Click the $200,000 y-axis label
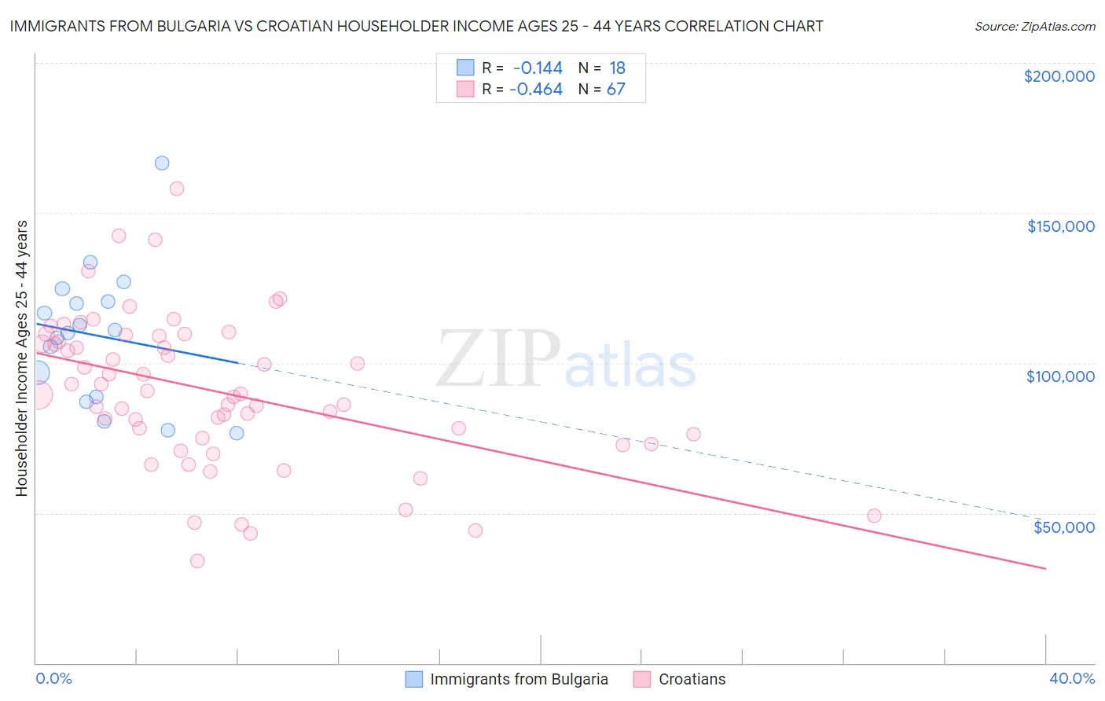point(1059,76)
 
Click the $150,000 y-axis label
point(1060,226)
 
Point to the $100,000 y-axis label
point(1060,376)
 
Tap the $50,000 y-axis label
point(1063,527)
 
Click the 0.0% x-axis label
point(53,678)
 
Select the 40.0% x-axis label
point(1071,678)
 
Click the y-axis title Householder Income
point(21,358)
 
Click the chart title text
point(417,26)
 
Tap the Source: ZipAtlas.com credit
point(1034,27)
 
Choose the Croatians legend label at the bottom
point(692,679)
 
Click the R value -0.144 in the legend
point(538,68)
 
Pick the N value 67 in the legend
point(615,90)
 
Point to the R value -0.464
point(536,90)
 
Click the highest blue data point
point(162,163)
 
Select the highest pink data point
point(177,189)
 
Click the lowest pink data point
point(197,561)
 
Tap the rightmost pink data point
point(874,516)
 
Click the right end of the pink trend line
point(1045,568)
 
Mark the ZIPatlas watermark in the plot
point(566,361)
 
